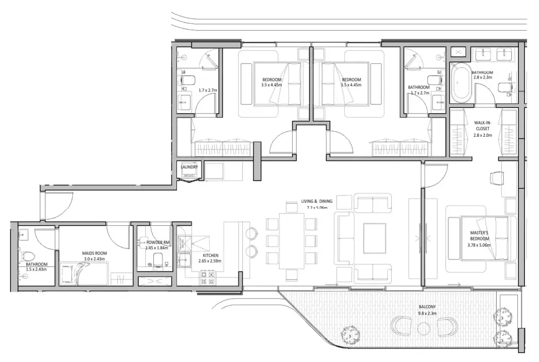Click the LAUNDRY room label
190,167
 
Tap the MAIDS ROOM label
95,253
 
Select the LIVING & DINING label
317,202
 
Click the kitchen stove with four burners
208,278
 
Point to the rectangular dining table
292,241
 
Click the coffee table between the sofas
373,237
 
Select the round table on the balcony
423,328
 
